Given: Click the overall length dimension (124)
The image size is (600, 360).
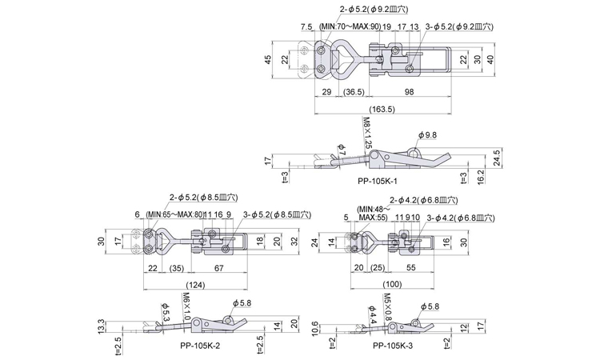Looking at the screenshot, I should coord(194,283).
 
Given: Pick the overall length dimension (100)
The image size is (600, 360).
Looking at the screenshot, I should coord(392,283).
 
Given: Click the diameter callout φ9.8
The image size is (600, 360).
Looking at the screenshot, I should coord(429,135).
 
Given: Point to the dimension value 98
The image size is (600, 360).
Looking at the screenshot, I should coord(410,94).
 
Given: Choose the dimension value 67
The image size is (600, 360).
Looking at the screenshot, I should coord(218,268).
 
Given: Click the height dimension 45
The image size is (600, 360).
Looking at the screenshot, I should coord(268,58).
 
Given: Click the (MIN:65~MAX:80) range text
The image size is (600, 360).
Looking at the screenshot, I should coord(173,214).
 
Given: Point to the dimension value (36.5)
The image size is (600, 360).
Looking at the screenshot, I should coord(355,94).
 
